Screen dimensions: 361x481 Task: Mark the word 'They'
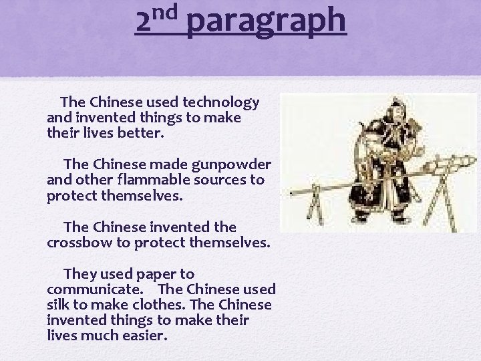click(x=81, y=274)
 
